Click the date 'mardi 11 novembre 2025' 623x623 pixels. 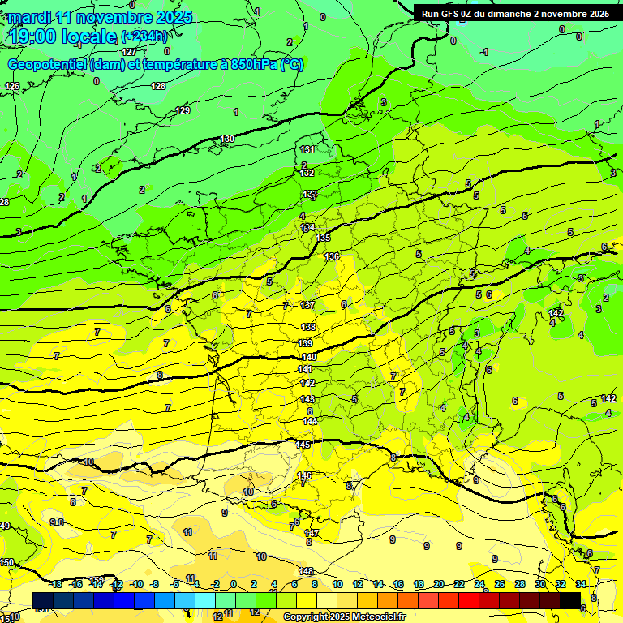point(101,17)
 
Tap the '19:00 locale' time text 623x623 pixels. point(63,37)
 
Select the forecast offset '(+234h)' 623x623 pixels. point(145,37)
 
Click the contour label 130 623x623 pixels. point(227,140)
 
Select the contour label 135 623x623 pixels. point(323,238)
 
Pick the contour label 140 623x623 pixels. point(308,357)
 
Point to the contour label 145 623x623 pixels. point(303,445)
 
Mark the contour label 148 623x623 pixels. point(306,571)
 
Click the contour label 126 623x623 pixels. point(12,86)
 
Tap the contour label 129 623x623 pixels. point(183,110)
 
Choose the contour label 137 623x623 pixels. point(307,305)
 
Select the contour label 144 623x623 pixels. point(310,421)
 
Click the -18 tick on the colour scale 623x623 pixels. point(56,584)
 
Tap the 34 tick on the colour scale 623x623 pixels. point(581,584)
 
